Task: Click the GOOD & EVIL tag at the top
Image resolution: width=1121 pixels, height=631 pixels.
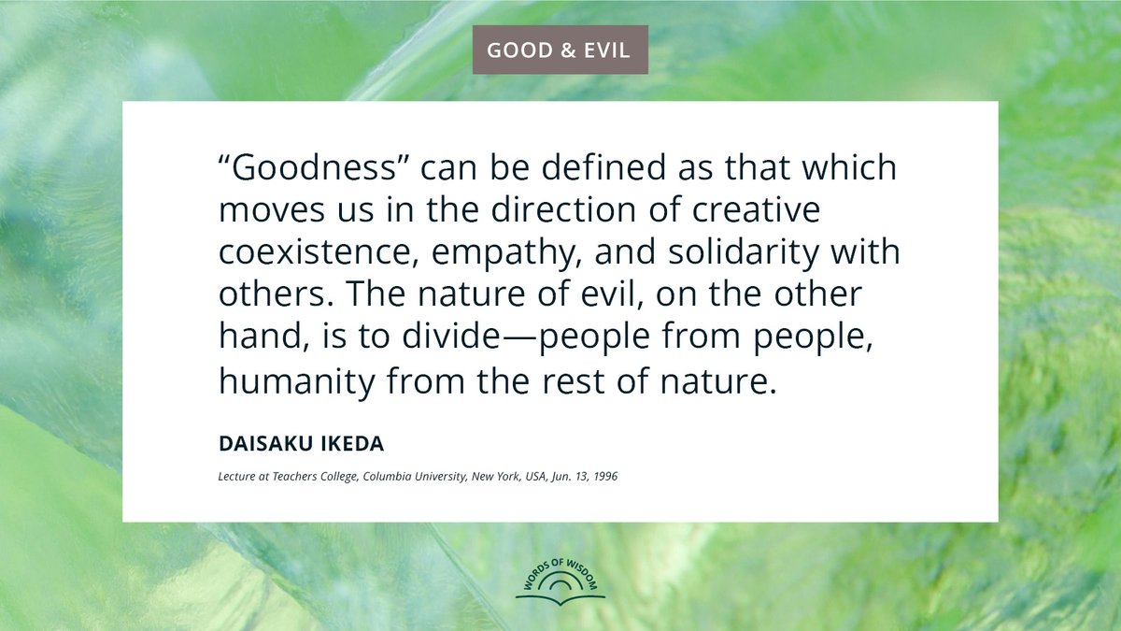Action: click(560, 50)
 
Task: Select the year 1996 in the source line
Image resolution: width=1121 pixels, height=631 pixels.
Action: click(603, 477)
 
